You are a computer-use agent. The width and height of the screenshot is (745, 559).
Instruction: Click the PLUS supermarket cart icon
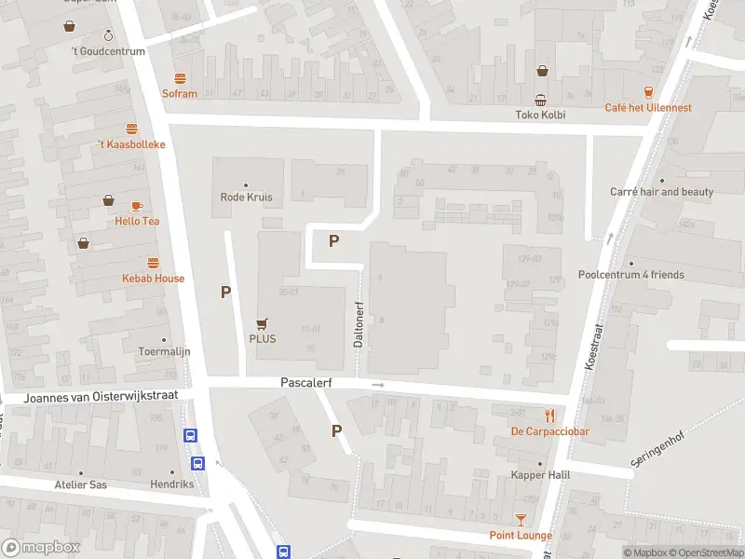(x=263, y=323)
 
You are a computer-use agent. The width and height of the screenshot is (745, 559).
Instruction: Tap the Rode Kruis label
(x=245, y=197)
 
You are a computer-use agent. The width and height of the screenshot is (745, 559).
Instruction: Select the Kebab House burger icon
(x=153, y=263)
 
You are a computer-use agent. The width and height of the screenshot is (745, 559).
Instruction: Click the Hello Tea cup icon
(x=137, y=206)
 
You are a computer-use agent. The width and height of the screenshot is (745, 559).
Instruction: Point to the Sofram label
(x=180, y=94)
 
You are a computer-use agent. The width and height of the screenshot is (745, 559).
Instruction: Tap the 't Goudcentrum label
(x=108, y=51)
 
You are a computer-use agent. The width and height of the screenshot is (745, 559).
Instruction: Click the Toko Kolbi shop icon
(x=541, y=100)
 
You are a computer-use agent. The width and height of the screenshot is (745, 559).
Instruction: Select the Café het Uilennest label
(x=648, y=108)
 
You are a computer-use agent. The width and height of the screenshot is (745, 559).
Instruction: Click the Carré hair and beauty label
(x=661, y=192)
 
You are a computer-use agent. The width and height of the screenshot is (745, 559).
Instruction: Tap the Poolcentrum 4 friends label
(x=630, y=275)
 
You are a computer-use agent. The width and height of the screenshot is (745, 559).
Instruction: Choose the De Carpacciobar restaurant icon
(x=550, y=416)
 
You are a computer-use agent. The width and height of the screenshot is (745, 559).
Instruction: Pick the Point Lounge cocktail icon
(x=521, y=520)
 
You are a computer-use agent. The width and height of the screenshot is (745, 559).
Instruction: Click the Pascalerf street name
(x=306, y=383)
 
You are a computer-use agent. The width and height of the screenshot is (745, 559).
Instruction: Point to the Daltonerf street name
(x=358, y=323)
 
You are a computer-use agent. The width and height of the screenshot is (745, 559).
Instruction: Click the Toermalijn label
(x=164, y=352)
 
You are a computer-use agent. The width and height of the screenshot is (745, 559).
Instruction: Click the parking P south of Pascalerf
(x=337, y=430)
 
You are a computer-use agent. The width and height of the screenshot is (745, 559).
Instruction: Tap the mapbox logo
(x=41, y=548)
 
